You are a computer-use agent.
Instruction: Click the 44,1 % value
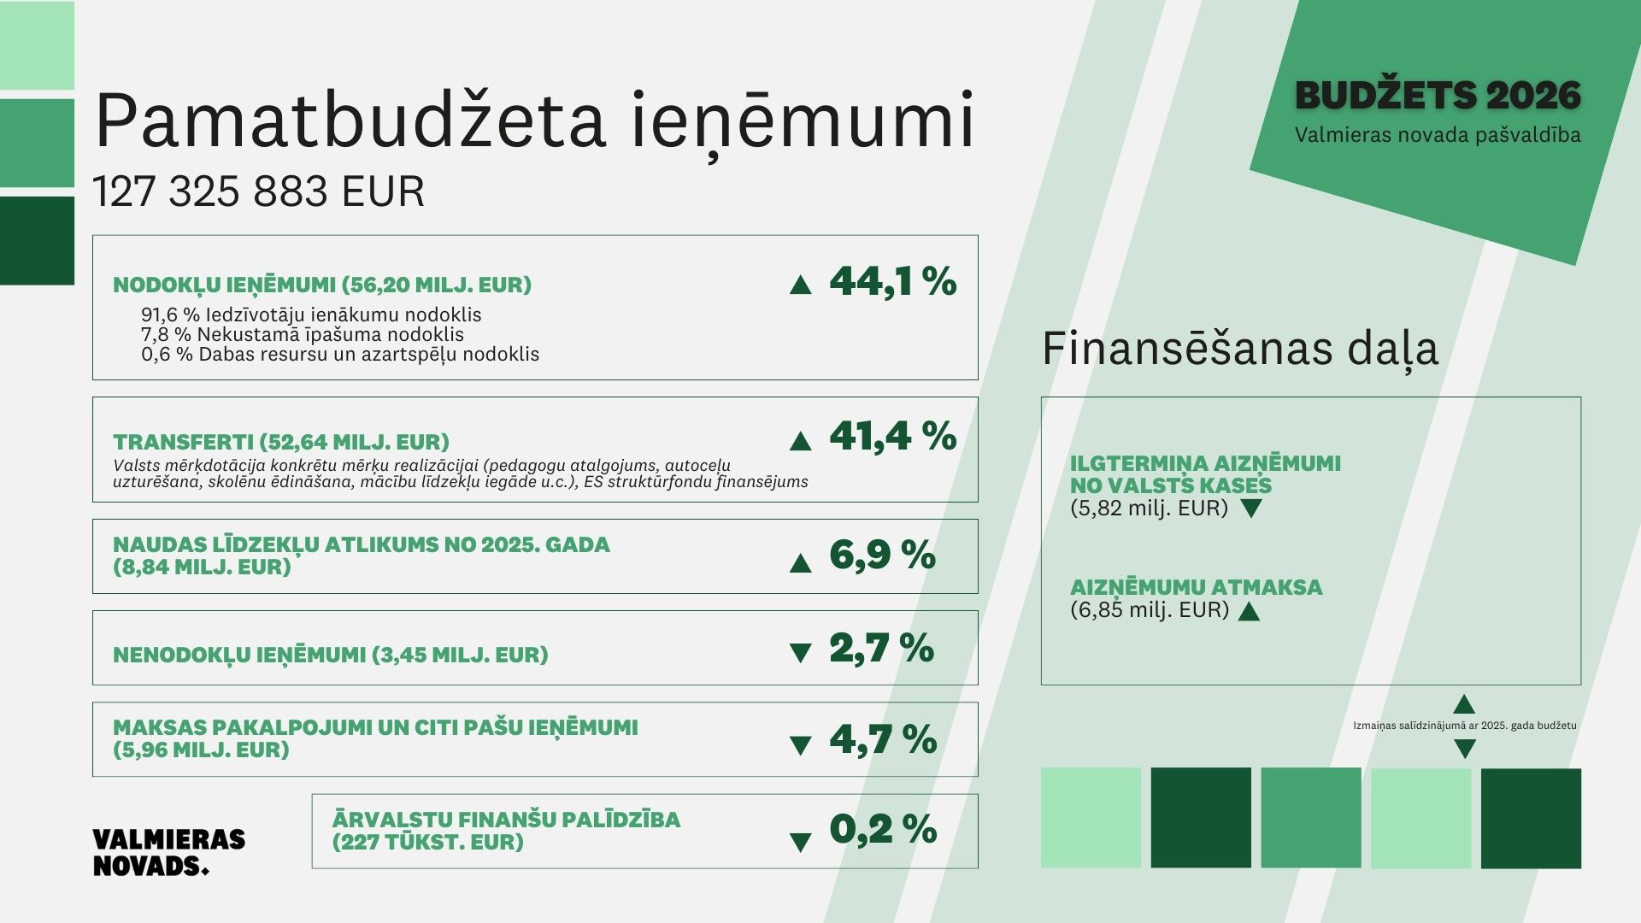point(892,281)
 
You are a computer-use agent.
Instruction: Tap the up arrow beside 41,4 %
point(800,441)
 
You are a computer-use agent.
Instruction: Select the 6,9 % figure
point(882,556)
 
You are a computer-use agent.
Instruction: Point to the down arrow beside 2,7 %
point(800,654)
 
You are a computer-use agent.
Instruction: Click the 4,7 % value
point(883,739)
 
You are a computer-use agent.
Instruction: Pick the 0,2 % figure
point(883,829)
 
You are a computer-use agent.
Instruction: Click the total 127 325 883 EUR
point(258,191)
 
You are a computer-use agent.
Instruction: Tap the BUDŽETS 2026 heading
point(1438,96)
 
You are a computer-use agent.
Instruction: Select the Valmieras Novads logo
point(168,852)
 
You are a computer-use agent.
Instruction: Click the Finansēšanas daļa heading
point(1239,349)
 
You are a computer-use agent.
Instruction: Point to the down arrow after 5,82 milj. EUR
point(1250,509)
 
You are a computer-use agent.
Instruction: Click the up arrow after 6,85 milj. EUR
point(1249,611)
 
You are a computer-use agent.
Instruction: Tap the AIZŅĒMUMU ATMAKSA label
point(1196,587)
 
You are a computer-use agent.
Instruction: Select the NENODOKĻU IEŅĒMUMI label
point(330,656)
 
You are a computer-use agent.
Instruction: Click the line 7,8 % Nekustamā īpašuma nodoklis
point(303,335)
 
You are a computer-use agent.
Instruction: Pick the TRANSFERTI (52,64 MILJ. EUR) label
point(281,442)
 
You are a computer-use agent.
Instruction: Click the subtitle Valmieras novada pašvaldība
point(1438,135)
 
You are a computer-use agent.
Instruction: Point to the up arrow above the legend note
point(1464,705)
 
